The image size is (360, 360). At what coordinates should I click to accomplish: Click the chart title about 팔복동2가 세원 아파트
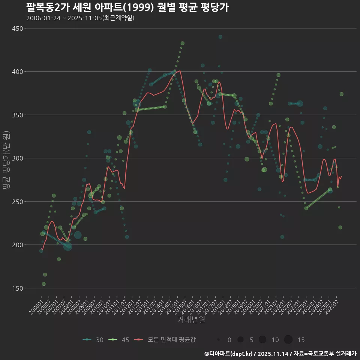tap(127, 7)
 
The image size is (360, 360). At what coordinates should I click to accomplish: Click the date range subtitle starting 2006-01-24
tap(80, 18)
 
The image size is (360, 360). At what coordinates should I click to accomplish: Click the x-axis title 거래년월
tap(191, 320)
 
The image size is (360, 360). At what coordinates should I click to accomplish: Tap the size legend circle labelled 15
tap(288, 340)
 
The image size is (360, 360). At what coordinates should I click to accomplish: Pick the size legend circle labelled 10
tap(262, 340)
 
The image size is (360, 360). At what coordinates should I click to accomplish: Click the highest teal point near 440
tap(220, 37)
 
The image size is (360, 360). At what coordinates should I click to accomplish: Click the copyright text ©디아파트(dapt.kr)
tap(229, 354)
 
